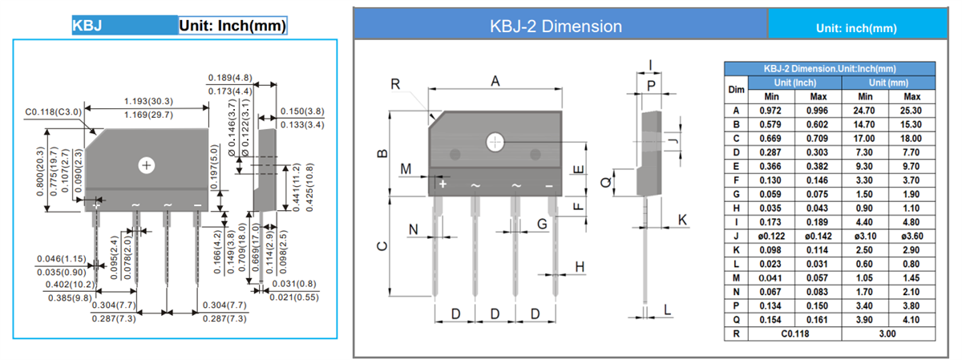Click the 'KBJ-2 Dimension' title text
coord(556,26)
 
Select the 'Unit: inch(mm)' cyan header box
coord(855,28)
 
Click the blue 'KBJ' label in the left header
coord(87,26)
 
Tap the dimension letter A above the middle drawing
coord(495,81)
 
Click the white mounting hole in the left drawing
coord(146,165)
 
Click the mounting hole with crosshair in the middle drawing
coord(495,142)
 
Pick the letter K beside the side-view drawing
coord(682,219)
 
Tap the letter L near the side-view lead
coord(667,309)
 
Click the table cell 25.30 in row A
coord(911,111)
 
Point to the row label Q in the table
coord(735,319)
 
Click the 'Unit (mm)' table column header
coord(888,83)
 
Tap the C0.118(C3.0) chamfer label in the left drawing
coord(54,112)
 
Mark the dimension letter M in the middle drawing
coord(406,168)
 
